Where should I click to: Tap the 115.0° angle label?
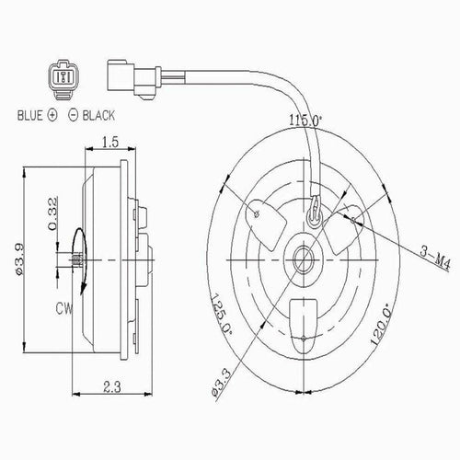point(306,120)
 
